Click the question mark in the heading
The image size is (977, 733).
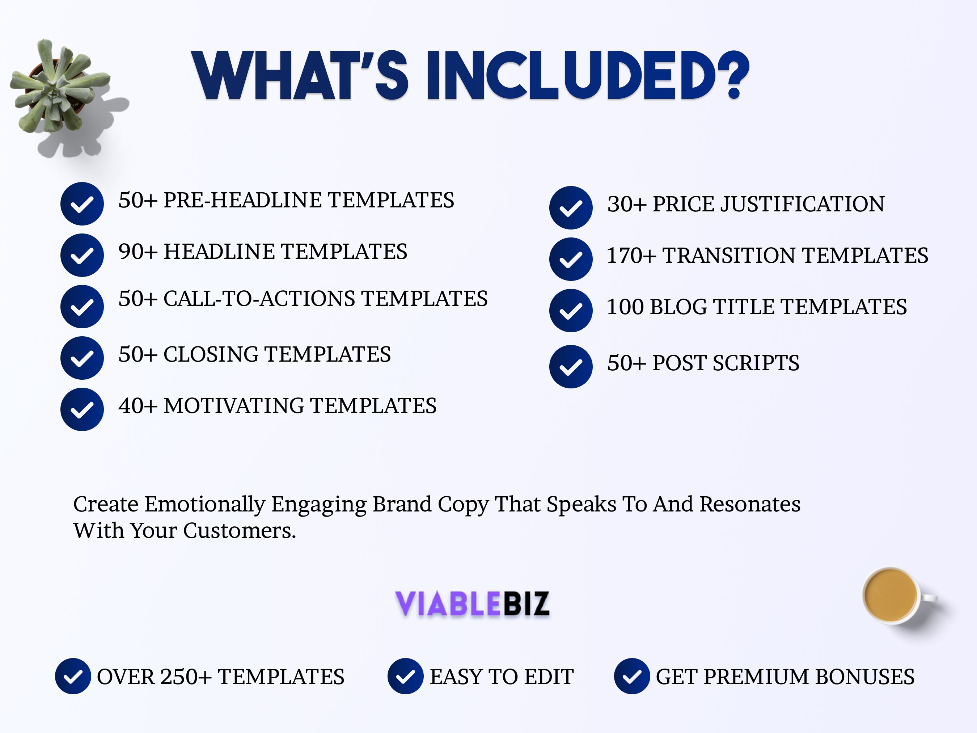pos(733,75)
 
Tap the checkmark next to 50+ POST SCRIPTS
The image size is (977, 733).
pos(571,367)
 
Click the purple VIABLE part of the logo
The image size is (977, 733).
pos(447,603)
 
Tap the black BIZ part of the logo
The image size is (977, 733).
pos(526,603)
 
